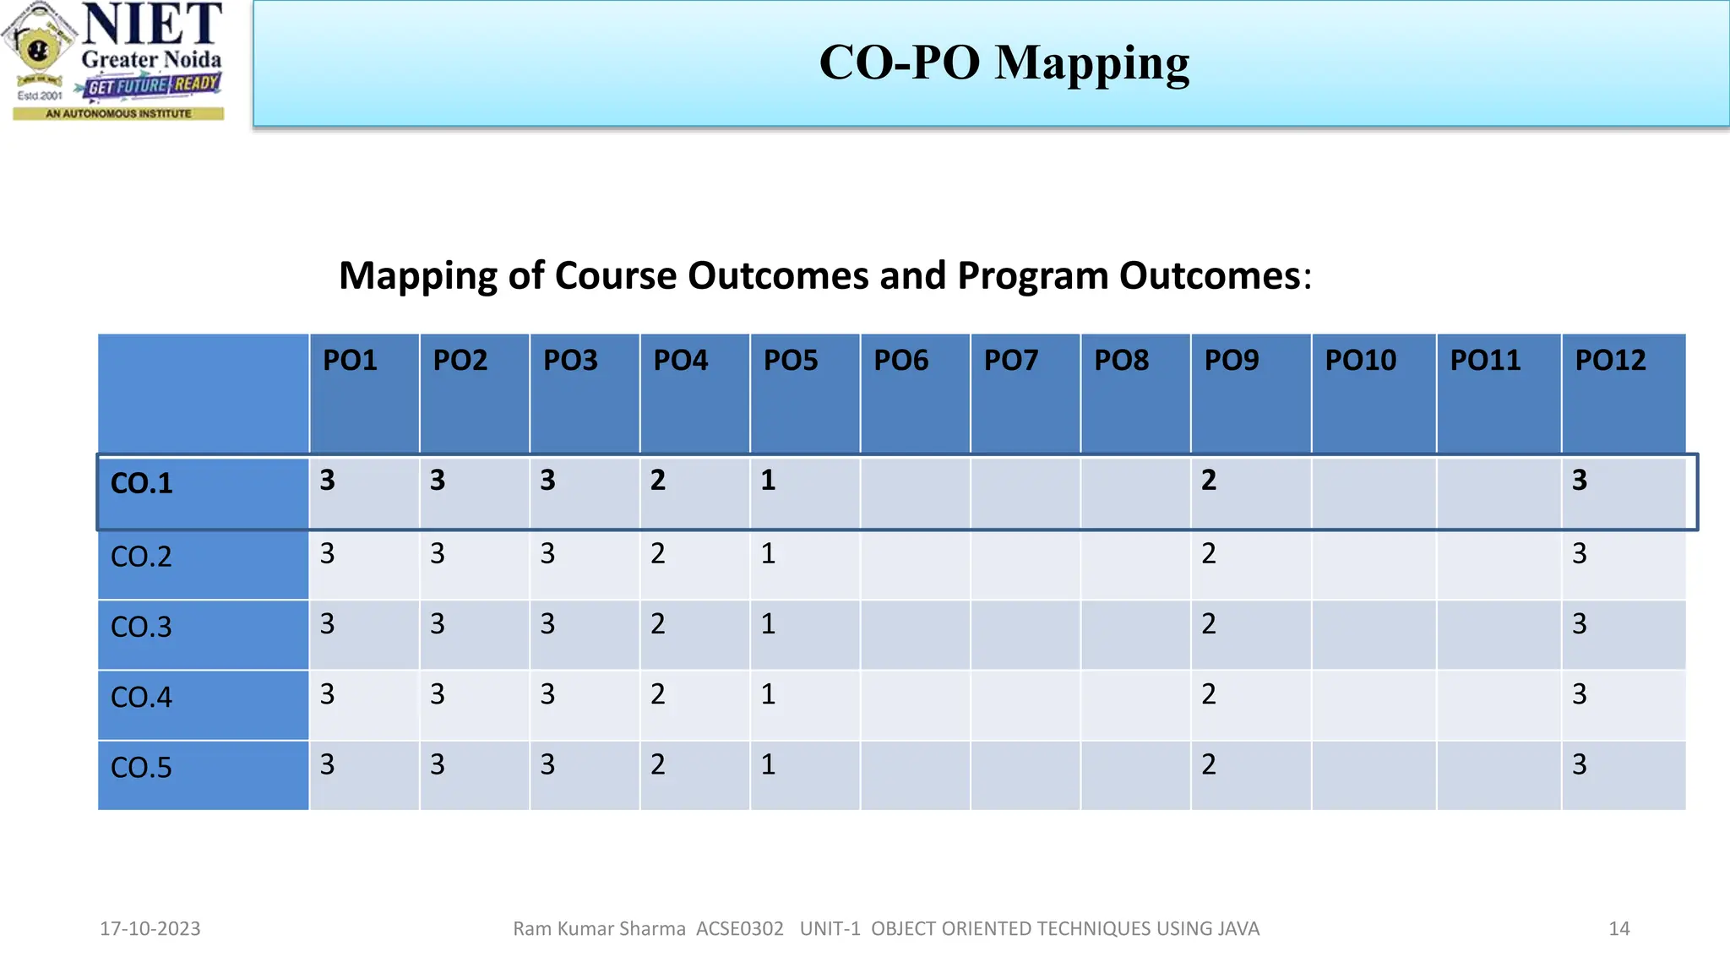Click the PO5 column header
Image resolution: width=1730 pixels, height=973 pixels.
(x=791, y=361)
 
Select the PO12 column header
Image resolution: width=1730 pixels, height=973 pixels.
(x=1610, y=361)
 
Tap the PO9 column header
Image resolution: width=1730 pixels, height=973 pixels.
(x=1231, y=361)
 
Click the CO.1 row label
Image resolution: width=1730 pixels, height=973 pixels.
(x=142, y=484)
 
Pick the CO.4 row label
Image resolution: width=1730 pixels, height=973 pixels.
(x=142, y=698)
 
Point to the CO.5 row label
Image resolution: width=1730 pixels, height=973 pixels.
(x=142, y=768)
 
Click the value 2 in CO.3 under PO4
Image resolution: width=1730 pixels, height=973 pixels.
(x=658, y=624)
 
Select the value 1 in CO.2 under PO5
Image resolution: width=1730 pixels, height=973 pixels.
(x=768, y=554)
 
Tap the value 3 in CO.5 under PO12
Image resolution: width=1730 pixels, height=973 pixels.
(x=1580, y=764)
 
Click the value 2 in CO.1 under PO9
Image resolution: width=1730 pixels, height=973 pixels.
(x=1209, y=481)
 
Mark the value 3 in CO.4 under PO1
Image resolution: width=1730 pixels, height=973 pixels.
(x=328, y=694)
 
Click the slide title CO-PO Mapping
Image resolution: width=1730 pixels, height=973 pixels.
(x=1004, y=63)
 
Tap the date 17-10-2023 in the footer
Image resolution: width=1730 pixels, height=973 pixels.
(x=150, y=929)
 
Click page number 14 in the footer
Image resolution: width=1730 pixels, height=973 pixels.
(x=1618, y=929)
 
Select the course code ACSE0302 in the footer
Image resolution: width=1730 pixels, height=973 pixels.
(x=740, y=929)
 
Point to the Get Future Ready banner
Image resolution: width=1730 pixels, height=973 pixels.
(x=153, y=85)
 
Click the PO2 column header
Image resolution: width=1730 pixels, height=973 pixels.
(x=460, y=361)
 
